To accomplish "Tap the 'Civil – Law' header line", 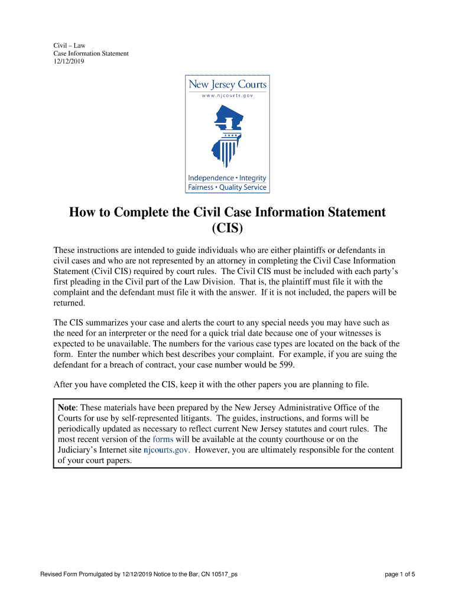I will coord(69,45).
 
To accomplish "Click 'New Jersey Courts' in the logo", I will coord(227,84).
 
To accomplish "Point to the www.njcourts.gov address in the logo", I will coord(227,96).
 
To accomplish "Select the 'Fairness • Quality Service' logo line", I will coord(227,187).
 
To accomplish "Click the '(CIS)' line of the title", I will coord(227,228).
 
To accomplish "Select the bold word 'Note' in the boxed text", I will coord(68,408).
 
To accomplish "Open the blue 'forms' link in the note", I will coord(162,440).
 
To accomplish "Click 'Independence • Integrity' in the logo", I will coord(227,178).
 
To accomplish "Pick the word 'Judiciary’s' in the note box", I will coord(79,450).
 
